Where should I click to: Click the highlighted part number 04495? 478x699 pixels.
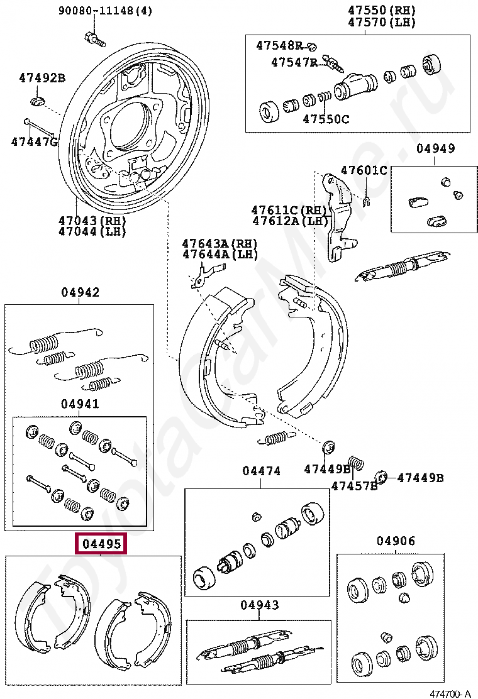[x=101, y=544]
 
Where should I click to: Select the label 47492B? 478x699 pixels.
[x=42, y=78]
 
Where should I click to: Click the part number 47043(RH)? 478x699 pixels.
[x=92, y=221]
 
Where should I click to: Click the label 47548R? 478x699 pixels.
[x=279, y=45]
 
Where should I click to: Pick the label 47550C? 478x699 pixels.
[x=326, y=118]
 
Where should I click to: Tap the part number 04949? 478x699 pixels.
[x=435, y=149]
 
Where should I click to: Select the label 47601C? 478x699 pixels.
[x=364, y=170]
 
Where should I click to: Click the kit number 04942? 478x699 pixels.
[x=80, y=292]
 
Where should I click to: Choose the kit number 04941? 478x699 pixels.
[x=80, y=404]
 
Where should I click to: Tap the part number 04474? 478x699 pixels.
[x=261, y=471]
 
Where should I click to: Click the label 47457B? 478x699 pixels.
[x=354, y=485]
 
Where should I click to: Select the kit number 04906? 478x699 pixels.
[x=396, y=541]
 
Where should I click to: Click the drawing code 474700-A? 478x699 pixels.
[x=450, y=693]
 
